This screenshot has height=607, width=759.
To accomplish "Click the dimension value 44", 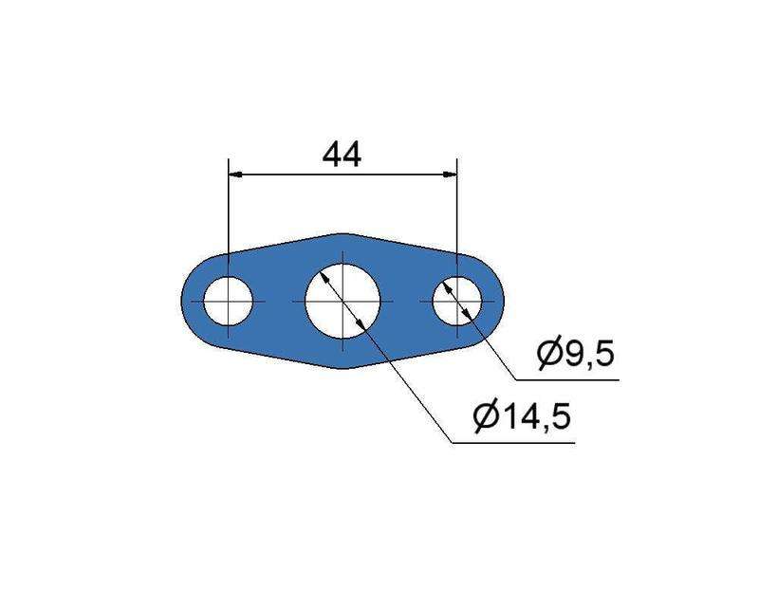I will tap(342, 154).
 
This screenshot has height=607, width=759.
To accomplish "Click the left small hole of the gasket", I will tap(229, 301).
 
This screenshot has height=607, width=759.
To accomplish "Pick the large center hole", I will tap(342, 300).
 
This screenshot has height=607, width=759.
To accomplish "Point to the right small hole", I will tap(457, 301).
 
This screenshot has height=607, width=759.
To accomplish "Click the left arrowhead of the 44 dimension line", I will tap(236, 175).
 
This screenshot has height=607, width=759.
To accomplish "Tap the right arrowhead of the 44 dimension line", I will tap(450, 175).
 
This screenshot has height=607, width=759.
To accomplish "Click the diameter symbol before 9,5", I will tap(549, 355).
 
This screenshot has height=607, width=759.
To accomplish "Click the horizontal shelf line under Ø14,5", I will tap(512, 441).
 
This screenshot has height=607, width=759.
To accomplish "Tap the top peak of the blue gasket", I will tap(342, 233).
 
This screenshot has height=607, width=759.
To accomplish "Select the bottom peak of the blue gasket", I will tap(342, 368).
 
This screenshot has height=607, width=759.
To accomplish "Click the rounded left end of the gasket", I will tap(185, 301).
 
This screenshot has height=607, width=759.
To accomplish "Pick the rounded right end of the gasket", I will tap(501, 301).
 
